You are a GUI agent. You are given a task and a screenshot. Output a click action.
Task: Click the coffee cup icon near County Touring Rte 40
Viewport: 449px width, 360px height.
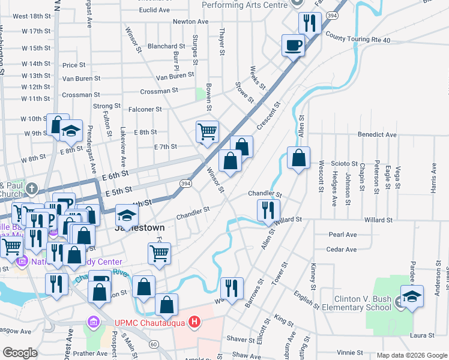[293, 45]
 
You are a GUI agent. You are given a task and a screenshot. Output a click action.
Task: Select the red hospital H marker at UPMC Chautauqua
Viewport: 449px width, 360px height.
[194, 323]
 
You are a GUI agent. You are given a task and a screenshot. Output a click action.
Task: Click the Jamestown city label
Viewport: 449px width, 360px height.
[140, 228]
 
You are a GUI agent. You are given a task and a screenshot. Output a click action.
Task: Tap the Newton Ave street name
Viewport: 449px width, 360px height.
[190, 22]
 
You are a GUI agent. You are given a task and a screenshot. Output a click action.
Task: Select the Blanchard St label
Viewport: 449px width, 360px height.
[166, 46]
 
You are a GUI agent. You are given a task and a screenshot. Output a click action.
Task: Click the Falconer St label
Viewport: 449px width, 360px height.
[145, 109]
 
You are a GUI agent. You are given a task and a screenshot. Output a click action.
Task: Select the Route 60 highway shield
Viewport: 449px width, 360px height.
[154, 344]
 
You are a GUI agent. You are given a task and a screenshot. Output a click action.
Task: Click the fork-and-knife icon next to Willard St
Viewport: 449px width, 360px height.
[268, 210]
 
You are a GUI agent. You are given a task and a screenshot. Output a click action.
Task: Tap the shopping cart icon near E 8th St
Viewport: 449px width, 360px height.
[207, 131]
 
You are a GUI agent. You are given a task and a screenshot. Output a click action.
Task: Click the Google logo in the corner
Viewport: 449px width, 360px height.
[20, 353]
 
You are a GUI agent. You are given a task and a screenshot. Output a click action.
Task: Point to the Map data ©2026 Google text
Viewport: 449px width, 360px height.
[411, 355]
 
